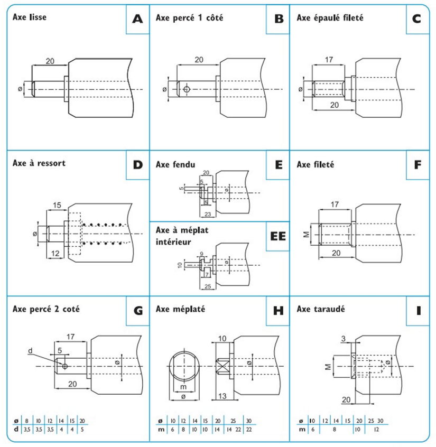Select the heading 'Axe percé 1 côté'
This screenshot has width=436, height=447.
[x=190, y=17]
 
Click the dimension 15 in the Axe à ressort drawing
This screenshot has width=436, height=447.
[x=57, y=204]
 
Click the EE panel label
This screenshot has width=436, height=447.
[x=277, y=236]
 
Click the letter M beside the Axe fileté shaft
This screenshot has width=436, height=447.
[x=306, y=234]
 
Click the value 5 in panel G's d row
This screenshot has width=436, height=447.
[x=82, y=429]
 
